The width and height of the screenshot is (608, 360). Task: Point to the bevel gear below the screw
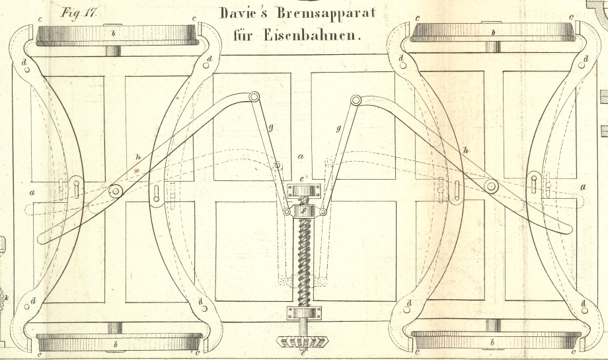pyautogui.click(x=303, y=342)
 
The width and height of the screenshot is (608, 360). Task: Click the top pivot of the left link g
pyautogui.click(x=253, y=97)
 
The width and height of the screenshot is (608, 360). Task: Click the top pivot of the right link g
pyautogui.click(x=356, y=100)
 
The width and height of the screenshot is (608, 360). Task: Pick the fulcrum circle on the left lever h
pyautogui.click(x=116, y=192)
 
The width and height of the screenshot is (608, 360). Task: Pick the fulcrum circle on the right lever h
pyautogui.click(x=491, y=186)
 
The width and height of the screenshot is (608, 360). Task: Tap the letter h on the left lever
pyautogui.click(x=137, y=157)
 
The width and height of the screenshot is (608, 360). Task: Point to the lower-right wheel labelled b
pyautogui.click(x=492, y=342)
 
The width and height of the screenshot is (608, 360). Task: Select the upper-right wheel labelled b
pyautogui.click(x=492, y=33)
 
